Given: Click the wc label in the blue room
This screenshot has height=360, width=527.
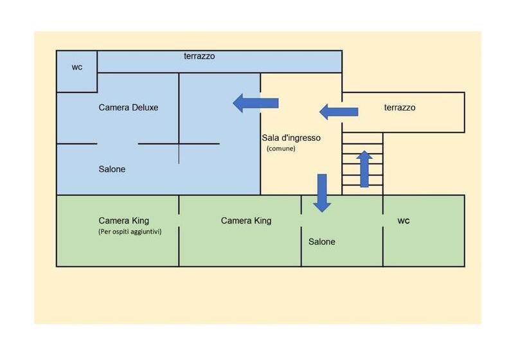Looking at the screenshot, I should point(77,67).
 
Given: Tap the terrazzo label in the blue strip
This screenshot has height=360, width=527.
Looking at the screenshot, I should point(199,57).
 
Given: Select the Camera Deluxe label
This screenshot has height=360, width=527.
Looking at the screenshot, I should point(128,107).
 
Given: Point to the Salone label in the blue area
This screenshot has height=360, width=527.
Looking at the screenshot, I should point(112,169).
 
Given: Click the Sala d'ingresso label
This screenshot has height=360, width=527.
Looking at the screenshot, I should point(291,138).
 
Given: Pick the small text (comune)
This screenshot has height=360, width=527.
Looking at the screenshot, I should point(281,148).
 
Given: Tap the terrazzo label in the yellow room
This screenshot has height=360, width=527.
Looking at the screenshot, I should point(400,107).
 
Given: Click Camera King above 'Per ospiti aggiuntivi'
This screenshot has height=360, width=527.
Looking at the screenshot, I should point(123,221).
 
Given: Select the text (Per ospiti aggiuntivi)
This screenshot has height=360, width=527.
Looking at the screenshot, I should point(130,231).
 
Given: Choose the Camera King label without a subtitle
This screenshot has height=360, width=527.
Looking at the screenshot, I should point(246,221).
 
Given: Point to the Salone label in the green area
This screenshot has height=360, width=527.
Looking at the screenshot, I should point(322,242).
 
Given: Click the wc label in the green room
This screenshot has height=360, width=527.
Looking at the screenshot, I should point(404,221).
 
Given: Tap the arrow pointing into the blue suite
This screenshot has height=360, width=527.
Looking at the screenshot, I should point(255,103).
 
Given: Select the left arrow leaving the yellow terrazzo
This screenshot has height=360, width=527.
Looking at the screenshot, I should point(339,112).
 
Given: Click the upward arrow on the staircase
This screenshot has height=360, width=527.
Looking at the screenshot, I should point(364,168).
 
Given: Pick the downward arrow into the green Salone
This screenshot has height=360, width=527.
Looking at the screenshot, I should point(322,192).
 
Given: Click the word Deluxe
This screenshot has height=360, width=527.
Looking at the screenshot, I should point(145,107).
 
